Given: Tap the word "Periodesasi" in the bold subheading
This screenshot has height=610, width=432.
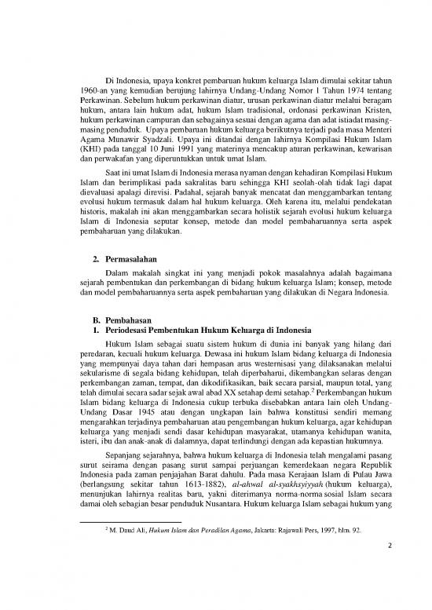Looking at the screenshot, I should (x=131, y=321).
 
